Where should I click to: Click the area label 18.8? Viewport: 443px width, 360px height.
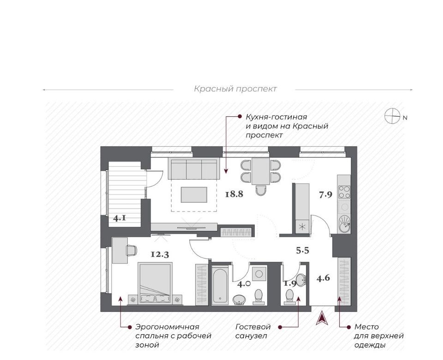click(x=234, y=194)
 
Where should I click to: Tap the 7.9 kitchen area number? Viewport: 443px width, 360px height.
click(x=325, y=195)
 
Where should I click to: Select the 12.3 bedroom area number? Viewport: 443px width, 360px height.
click(x=160, y=254)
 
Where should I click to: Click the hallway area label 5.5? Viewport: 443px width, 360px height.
click(x=303, y=250)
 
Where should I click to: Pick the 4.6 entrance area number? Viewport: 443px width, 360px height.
click(x=323, y=278)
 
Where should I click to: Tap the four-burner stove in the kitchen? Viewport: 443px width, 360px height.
click(x=344, y=192)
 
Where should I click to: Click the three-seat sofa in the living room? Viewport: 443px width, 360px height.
click(x=194, y=169)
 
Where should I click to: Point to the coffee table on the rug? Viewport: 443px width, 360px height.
click(x=194, y=195)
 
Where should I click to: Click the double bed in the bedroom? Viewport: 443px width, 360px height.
click(x=155, y=283)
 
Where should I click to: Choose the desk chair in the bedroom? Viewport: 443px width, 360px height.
click(x=132, y=250)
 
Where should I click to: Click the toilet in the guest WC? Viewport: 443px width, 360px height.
click(x=290, y=297)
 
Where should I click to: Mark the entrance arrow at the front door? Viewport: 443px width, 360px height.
click(x=322, y=318)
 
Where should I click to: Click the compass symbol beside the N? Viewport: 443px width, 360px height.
click(x=392, y=116)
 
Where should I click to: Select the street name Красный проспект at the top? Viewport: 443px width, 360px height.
click(x=235, y=89)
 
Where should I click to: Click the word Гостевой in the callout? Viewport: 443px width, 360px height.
click(x=253, y=327)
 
